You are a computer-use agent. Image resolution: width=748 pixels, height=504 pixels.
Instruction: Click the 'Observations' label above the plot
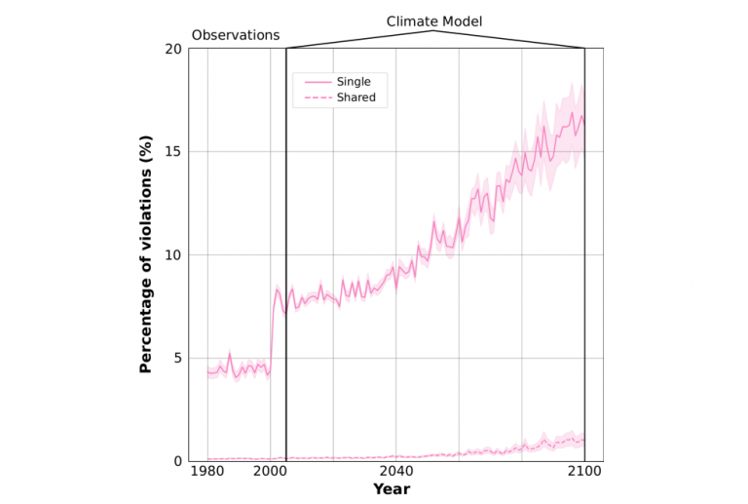pos(235,35)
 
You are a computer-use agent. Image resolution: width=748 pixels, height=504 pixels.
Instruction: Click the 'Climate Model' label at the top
pos(433,20)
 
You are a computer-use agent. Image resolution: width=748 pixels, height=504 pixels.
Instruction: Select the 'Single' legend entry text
pos(353,81)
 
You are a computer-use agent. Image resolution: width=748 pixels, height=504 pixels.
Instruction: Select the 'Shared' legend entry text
pos(355,97)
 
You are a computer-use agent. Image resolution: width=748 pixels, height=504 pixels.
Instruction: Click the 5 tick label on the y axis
pos(176,358)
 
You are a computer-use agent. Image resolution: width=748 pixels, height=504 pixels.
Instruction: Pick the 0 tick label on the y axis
pos(176,461)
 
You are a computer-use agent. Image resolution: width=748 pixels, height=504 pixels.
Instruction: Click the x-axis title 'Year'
pos(392,489)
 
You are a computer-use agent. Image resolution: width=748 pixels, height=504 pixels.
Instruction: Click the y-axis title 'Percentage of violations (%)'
pos(146,255)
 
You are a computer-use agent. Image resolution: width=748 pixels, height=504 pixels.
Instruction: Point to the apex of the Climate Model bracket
pos(433,31)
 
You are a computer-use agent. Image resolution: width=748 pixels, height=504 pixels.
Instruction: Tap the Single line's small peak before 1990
pos(229,355)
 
